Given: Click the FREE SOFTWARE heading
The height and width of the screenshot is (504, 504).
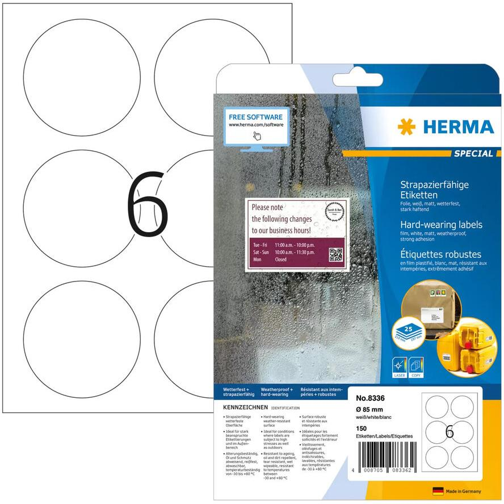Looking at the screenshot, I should pos(255,114).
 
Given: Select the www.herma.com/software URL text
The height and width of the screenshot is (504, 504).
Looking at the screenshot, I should pos(255,123).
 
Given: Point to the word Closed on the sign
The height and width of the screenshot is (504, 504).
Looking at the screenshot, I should pos(280,259).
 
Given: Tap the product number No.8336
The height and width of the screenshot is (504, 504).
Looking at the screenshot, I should pos(367,398).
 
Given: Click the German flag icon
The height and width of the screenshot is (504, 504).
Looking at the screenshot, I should pos(438,490).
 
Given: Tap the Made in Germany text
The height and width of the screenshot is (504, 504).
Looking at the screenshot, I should pos(464,491).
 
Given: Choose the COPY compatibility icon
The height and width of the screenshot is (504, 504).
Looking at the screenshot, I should pos(416,366).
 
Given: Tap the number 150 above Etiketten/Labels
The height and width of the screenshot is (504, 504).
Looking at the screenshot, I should pos(361,428).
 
